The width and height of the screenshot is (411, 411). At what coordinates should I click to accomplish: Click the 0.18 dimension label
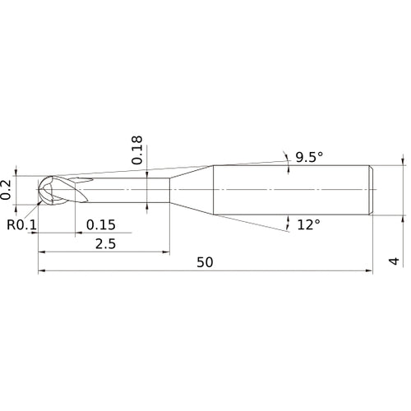137,150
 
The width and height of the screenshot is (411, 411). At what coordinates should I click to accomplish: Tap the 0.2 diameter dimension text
6,190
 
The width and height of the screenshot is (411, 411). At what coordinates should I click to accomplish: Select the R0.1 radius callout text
21,225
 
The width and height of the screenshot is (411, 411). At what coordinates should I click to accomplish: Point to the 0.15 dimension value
101,225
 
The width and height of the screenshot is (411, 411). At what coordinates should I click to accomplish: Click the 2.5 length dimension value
105,244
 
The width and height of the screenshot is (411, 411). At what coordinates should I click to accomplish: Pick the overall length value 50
205,262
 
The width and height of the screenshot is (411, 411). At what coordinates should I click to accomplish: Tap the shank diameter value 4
394,261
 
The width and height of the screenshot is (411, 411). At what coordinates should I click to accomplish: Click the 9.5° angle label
309,157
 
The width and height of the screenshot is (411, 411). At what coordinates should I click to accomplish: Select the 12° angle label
308,225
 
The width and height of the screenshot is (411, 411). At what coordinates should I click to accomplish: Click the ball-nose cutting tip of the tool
45,190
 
